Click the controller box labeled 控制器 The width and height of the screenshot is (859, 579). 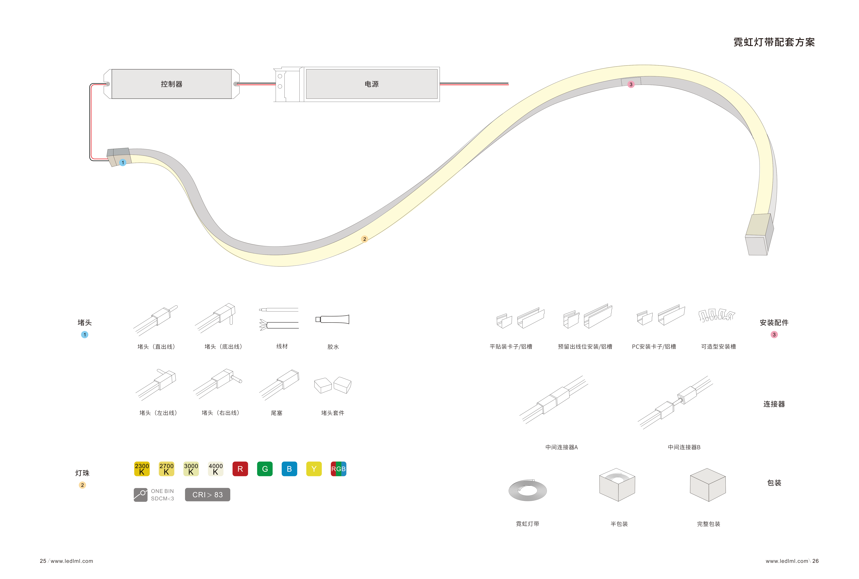(x=172, y=84)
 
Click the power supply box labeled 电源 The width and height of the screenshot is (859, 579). (x=372, y=84)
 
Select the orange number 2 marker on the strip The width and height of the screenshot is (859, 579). (x=365, y=239)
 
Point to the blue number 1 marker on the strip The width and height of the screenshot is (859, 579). (x=123, y=163)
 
